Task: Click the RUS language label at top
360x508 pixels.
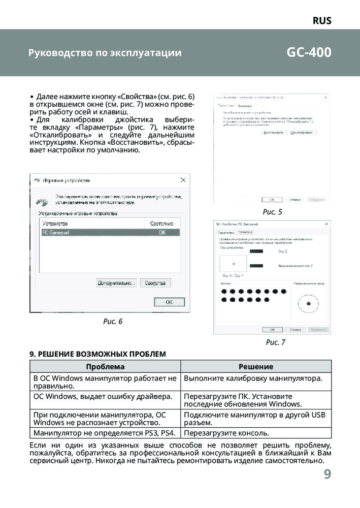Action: coord(321,21)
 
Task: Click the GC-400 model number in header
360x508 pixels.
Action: coord(309,52)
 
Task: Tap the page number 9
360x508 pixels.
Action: coord(327,474)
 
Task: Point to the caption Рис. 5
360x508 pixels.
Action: coord(272,212)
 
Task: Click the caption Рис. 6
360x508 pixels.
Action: coord(113,321)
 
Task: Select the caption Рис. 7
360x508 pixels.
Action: coord(275,342)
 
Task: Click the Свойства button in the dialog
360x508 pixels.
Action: coord(155,283)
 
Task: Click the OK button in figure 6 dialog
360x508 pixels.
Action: coord(170,302)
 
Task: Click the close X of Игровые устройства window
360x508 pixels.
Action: coord(184,180)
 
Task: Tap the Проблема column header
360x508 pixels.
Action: coord(105,366)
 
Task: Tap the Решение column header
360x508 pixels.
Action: coord(256,366)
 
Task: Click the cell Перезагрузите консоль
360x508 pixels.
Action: coord(226,433)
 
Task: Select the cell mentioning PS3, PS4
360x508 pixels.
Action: coord(104,433)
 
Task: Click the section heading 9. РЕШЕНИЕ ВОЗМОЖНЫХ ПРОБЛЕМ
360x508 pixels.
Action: coord(98,354)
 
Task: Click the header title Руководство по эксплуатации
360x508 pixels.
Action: coord(105,53)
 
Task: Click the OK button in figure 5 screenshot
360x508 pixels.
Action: coord(272,200)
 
